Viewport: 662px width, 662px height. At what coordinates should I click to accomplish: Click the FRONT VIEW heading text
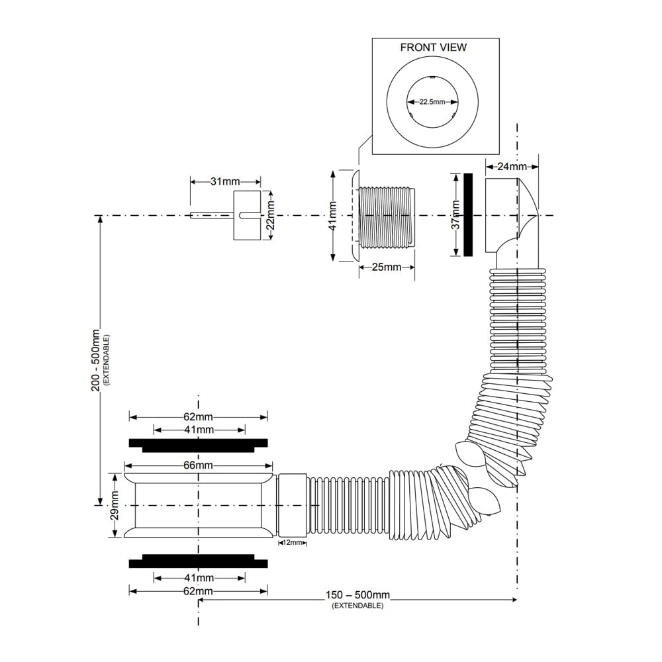[x=433, y=48]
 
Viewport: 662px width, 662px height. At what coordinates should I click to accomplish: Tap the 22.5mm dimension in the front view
[x=432, y=102]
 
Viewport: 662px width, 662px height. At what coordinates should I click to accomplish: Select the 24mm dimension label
[x=512, y=166]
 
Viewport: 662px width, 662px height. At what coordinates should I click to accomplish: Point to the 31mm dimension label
[x=225, y=181]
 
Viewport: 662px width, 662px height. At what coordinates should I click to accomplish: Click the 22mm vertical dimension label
[x=271, y=215]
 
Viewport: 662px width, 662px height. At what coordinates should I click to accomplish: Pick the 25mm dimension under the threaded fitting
[x=387, y=267]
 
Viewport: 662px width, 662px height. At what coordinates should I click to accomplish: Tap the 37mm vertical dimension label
[x=456, y=214]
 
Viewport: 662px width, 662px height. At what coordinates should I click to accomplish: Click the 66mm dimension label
[x=198, y=465]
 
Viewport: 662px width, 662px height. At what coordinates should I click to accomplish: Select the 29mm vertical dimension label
[x=115, y=505]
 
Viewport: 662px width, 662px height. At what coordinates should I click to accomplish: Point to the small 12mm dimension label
[x=293, y=543]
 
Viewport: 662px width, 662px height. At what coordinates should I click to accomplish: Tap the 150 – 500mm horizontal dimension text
[x=357, y=595]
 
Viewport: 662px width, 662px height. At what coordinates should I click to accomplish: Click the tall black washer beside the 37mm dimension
[x=468, y=215]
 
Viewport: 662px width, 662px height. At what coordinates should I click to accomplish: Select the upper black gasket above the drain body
[x=198, y=446]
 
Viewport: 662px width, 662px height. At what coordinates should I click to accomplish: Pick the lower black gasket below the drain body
[x=198, y=561]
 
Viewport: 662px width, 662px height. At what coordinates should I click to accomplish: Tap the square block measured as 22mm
[x=247, y=215]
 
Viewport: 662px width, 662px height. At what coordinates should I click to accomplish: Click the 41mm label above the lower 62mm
[x=199, y=577]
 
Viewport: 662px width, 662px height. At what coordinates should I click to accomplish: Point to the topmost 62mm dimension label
[x=198, y=416]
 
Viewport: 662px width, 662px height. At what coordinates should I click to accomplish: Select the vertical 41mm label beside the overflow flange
[x=333, y=216]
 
